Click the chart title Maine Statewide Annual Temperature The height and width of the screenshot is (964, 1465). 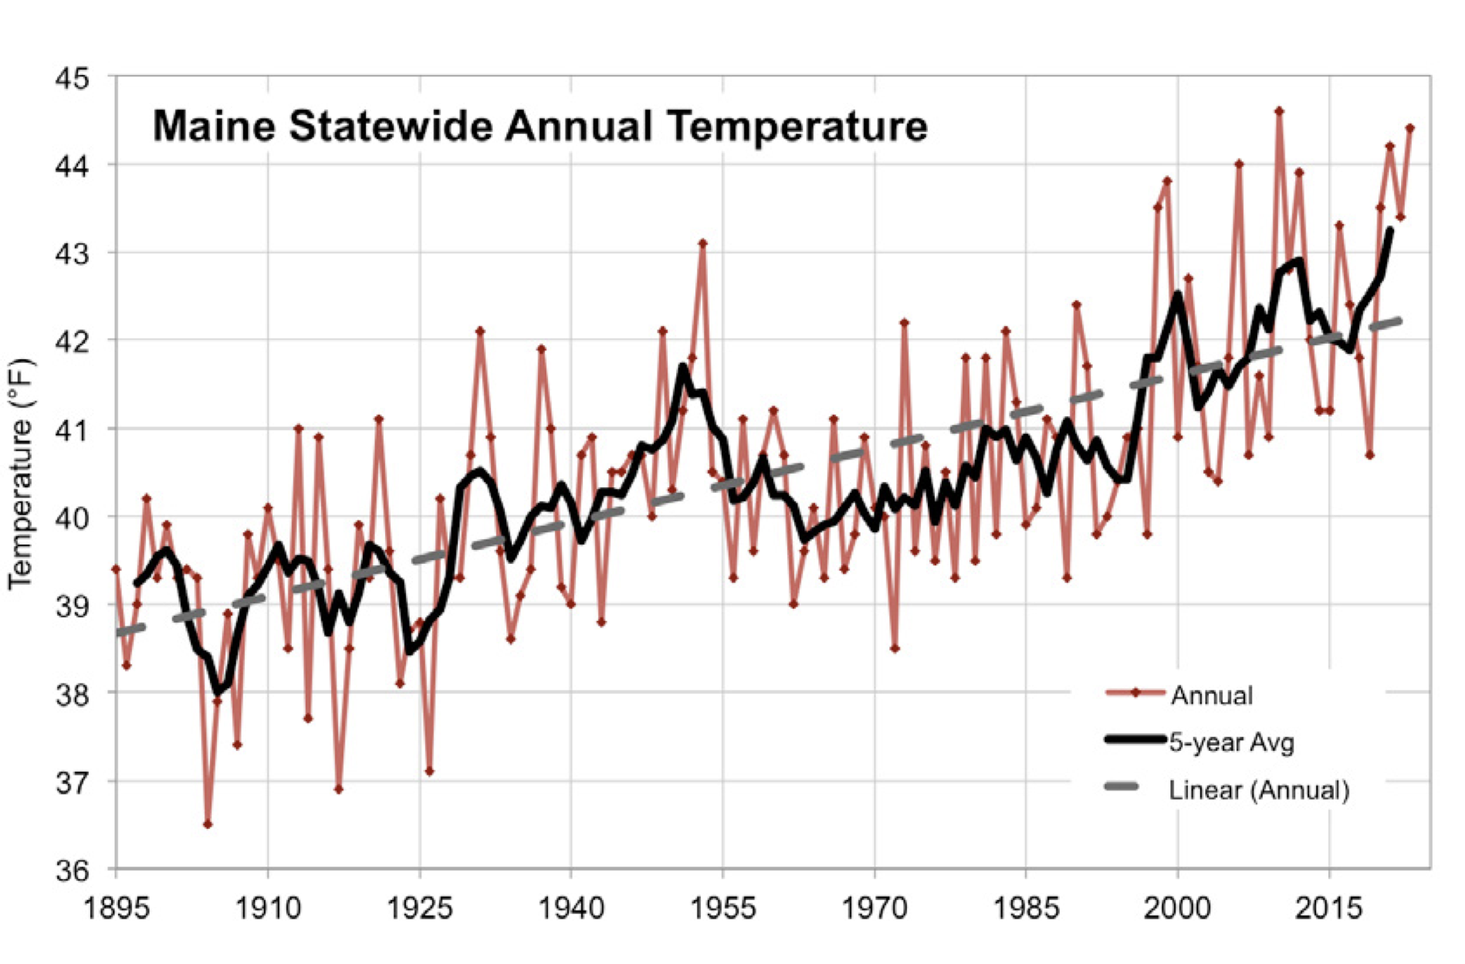coord(540,126)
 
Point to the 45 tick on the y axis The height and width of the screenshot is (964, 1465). coord(72,79)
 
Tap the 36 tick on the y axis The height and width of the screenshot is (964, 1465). coord(72,871)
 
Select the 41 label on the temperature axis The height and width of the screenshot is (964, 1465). coord(72,429)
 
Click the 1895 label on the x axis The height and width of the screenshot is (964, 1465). coord(117,908)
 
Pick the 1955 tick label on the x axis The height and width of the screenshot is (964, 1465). coord(723,908)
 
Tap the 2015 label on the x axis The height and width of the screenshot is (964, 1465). coord(1329,908)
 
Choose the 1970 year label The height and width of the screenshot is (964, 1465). coord(875,908)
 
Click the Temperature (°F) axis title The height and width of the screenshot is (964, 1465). coord(21,474)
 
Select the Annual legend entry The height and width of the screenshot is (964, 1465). coord(1211,695)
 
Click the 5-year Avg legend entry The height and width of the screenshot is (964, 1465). coord(1231,742)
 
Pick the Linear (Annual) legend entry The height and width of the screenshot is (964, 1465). coord(1258,790)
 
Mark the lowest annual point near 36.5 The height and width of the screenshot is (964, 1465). coord(208,824)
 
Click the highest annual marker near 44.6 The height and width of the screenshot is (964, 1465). coord(1279,110)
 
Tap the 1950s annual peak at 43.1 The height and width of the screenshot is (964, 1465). coord(702,243)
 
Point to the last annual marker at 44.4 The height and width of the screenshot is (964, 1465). coord(1409,128)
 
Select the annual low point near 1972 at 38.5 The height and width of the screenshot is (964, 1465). coord(895,649)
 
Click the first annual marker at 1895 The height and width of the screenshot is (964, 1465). coord(117,569)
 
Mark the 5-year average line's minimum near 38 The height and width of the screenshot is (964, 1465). coord(218,690)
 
